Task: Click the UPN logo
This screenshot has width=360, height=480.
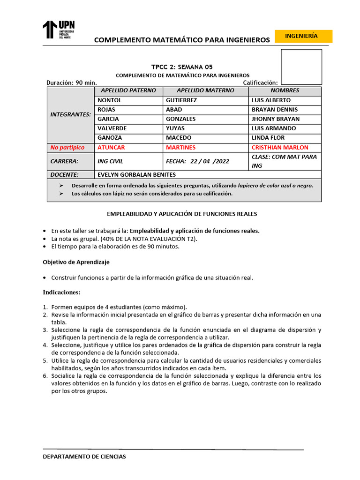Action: click(x=59, y=30)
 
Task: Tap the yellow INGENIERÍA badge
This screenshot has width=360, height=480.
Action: click(x=303, y=36)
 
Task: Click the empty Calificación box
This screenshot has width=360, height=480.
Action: click(x=301, y=67)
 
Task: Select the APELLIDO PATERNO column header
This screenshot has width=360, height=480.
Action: click(x=128, y=90)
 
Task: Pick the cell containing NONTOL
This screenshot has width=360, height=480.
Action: click(x=109, y=100)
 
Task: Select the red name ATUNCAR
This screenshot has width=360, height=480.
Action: click(x=111, y=148)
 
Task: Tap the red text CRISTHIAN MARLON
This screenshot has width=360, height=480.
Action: click(x=280, y=148)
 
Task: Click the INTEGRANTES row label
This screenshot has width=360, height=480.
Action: click(x=70, y=114)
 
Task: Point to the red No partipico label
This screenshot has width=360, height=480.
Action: click(x=67, y=148)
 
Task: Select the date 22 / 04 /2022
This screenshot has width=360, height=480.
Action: click(x=210, y=161)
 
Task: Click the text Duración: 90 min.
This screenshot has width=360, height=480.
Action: click(x=71, y=82)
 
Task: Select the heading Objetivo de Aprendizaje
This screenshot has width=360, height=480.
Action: click(x=76, y=262)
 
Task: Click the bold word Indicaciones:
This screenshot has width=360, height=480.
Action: click(x=61, y=292)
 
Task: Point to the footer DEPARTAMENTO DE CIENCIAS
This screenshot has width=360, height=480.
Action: click(x=84, y=457)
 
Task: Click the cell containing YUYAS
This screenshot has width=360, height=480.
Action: click(x=175, y=128)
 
